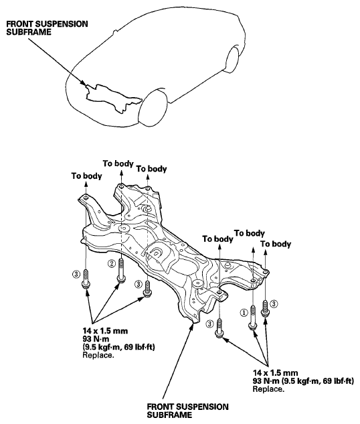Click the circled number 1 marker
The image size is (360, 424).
click(244, 312)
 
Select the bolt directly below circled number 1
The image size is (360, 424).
click(252, 317)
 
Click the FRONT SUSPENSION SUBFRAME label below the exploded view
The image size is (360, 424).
click(187, 411)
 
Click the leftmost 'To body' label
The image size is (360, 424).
click(86, 176)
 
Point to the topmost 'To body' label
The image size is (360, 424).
click(118, 163)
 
